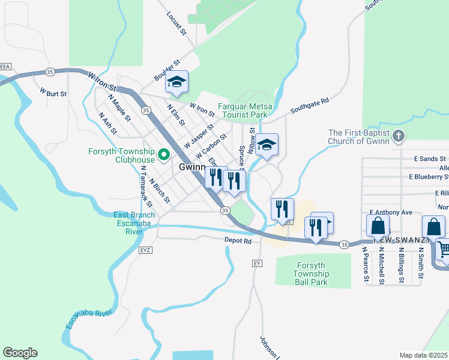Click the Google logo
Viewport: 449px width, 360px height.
point(20,353)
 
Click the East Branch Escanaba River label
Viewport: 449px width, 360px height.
point(134,223)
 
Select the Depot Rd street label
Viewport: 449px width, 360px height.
point(239,240)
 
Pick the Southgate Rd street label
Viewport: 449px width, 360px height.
point(310,106)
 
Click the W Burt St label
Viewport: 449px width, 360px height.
point(53,93)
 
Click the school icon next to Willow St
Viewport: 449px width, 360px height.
point(267,145)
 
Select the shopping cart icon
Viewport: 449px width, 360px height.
point(443,249)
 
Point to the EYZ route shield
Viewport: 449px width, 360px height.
point(145,249)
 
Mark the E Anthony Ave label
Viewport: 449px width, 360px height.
point(391,212)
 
